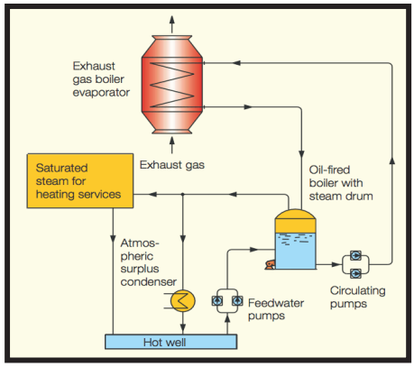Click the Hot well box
(170, 342)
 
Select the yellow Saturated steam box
(80, 181)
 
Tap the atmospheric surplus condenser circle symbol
(183, 300)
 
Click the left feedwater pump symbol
(217, 300)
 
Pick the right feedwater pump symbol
(237, 300)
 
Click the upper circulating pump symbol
(356, 256)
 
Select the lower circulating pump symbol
(356, 274)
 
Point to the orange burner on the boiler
(270, 264)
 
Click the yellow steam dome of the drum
(295, 221)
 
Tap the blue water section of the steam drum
(295, 251)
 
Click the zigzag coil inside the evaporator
(172, 85)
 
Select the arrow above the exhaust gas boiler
(172, 24)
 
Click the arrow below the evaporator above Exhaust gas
(172, 145)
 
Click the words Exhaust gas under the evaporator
(172, 165)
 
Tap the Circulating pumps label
(357, 297)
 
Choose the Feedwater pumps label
(276, 309)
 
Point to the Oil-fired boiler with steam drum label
(341, 183)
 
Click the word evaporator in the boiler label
(101, 93)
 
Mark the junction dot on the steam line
(183, 195)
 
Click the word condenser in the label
(149, 282)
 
